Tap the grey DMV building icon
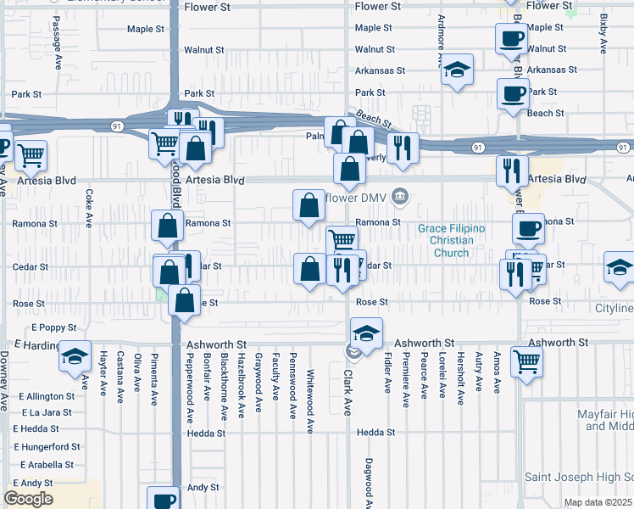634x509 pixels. [x=402, y=198]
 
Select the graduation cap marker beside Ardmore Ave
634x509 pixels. [x=457, y=72]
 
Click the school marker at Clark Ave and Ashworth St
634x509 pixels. [x=366, y=333]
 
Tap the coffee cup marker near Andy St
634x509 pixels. [x=164, y=500]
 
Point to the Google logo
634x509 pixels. [x=28, y=499]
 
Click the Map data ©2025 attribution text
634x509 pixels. [x=598, y=502]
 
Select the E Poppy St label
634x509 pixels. [x=54, y=327]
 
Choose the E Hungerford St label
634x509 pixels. [x=47, y=446]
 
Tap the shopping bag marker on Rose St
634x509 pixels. [x=184, y=301]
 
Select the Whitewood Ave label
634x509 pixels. [x=310, y=391]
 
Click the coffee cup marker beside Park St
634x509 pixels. [x=513, y=94]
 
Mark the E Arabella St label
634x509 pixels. [x=44, y=465]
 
